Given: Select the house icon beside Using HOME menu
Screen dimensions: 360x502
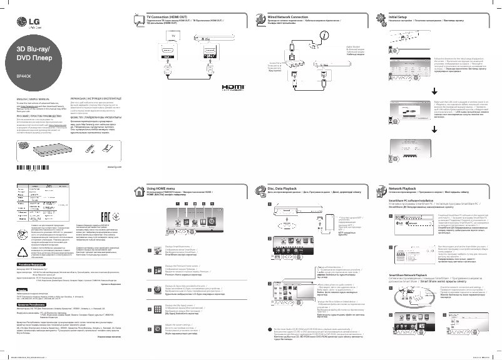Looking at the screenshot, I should click(x=140, y=190).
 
